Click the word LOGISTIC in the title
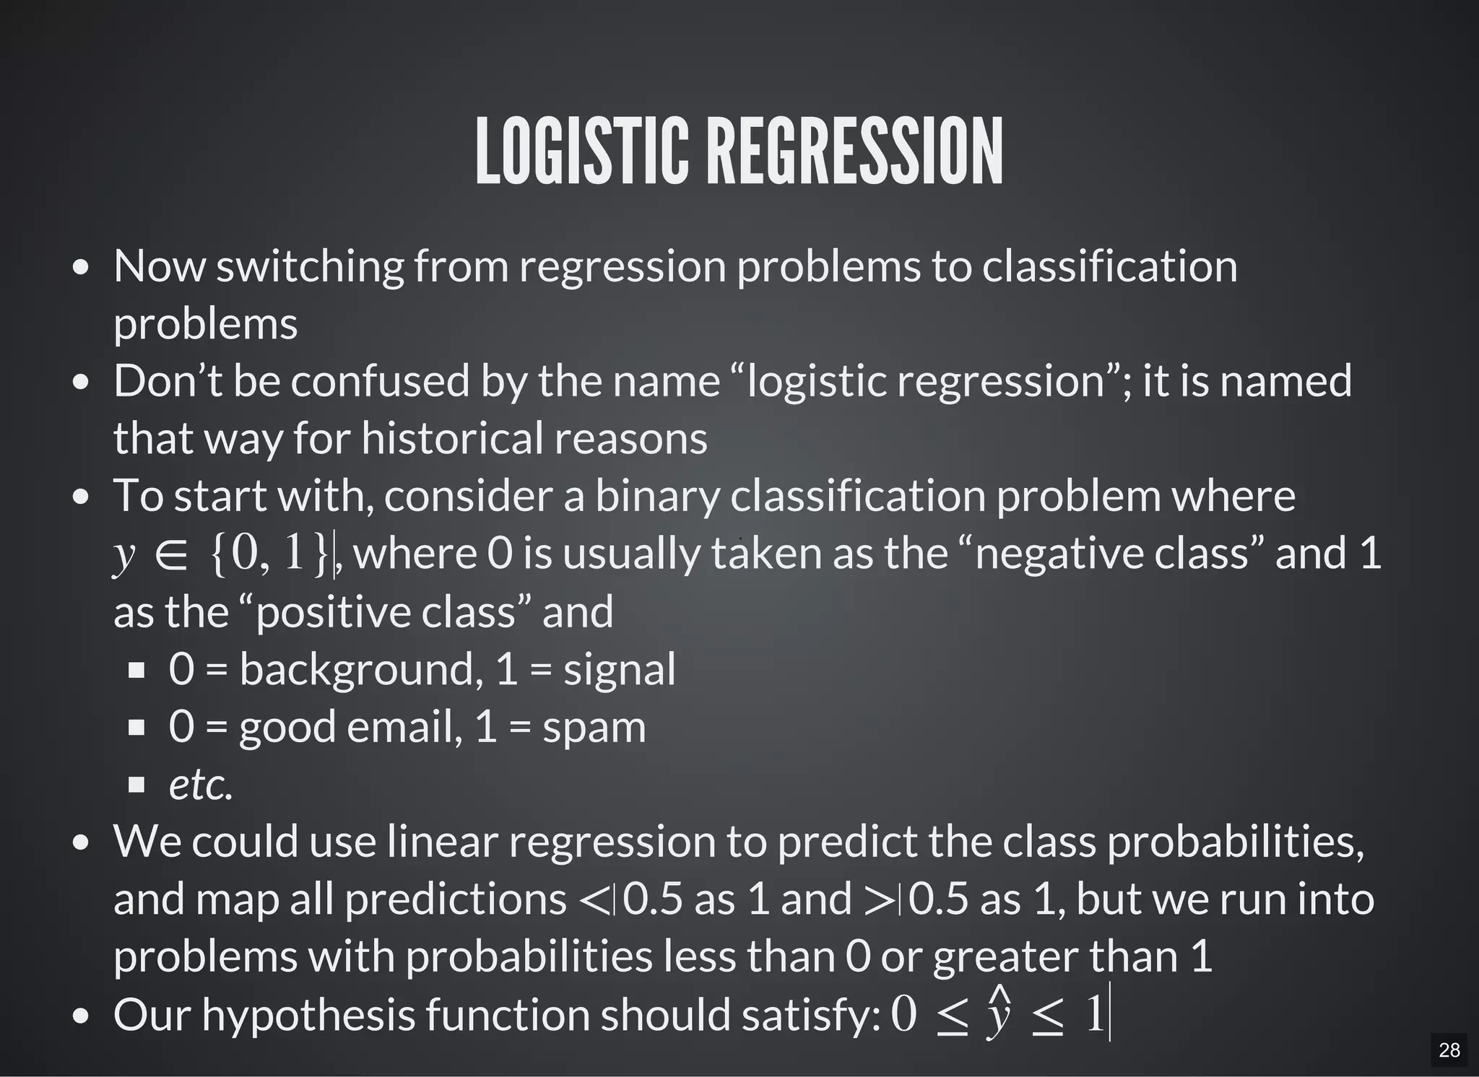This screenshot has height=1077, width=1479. point(581,152)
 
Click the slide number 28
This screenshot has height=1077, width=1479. point(1449,1050)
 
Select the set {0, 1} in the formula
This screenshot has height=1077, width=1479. point(271,554)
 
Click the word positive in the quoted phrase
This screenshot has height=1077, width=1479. point(333,611)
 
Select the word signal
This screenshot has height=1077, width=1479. point(620,669)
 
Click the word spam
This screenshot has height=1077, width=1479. point(594,727)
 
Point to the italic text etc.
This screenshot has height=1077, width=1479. point(201,785)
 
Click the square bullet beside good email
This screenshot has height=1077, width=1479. point(136,728)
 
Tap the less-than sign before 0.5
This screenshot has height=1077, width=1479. point(594,900)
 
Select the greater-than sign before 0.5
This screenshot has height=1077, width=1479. point(879,900)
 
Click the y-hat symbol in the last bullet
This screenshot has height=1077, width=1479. point(999,1014)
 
